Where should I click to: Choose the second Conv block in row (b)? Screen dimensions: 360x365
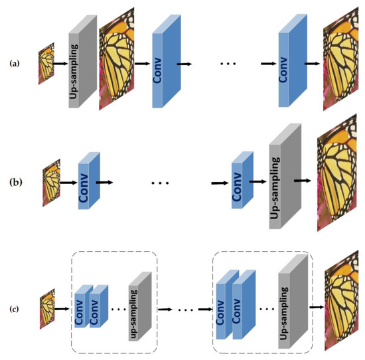[x=241, y=179]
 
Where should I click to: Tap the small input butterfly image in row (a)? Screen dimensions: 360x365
[x=46, y=63]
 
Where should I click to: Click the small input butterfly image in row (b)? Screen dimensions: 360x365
[x=51, y=179]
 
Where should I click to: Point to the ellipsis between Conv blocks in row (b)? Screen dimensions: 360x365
[x=161, y=181]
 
